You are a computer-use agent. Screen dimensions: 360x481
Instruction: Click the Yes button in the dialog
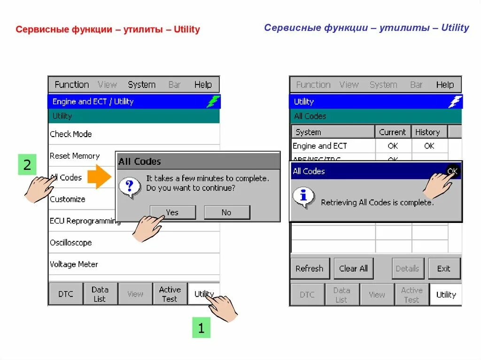172,213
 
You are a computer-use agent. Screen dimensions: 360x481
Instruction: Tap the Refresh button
310,268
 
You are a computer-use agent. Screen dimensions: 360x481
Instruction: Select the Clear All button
354,268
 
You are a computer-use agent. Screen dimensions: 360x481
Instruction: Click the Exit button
444,268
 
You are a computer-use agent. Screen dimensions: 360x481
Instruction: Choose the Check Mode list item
71,134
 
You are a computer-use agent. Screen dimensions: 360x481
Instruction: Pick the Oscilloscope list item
71,243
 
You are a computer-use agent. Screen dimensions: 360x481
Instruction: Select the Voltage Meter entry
74,264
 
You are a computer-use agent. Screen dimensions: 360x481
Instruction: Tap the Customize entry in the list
68,199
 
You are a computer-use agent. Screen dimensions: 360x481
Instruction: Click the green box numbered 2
27,165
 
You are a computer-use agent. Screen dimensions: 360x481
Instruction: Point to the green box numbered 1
201,329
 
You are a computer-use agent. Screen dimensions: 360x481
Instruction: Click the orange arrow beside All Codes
99,176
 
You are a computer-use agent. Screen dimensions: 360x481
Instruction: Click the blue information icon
303,197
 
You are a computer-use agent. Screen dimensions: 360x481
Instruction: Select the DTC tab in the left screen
66,294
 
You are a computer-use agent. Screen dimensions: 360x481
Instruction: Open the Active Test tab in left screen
170,294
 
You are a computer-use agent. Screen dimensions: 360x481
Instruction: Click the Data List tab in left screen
100,294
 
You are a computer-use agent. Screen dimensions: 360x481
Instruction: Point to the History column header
427,132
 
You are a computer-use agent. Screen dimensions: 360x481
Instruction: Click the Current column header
393,132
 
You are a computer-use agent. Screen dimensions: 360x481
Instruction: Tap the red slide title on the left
108,30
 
